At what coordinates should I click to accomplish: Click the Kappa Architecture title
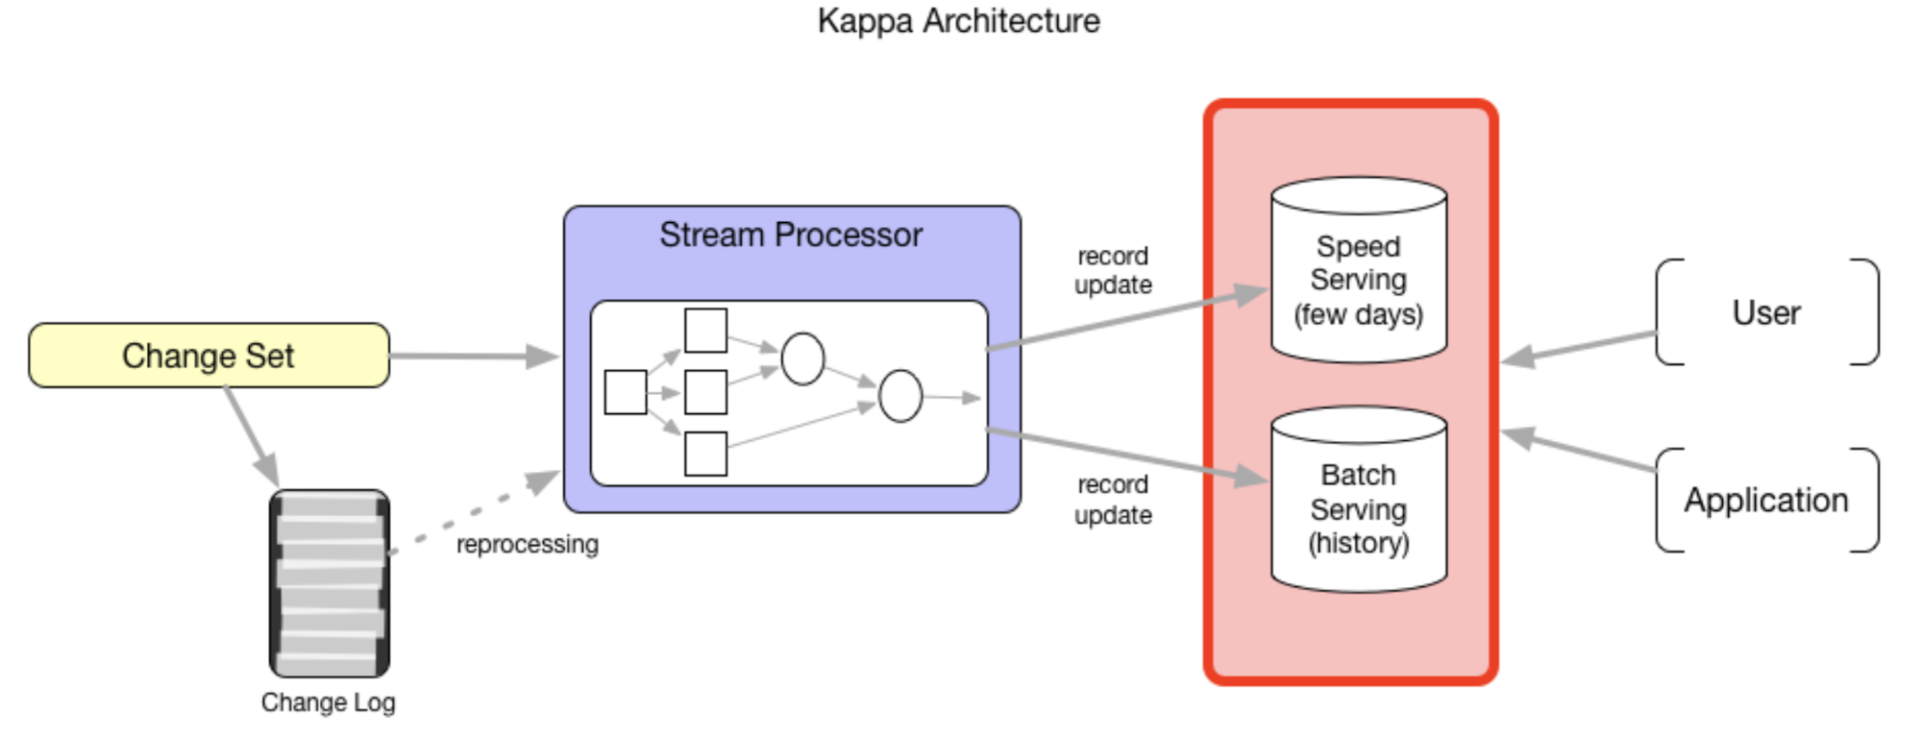coord(958,21)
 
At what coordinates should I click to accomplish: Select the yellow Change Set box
coord(209,356)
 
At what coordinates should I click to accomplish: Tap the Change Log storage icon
coord(330,583)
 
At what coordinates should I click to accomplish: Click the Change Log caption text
coord(328,703)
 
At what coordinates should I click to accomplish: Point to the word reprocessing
coord(527,544)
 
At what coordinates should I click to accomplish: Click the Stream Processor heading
coord(790,234)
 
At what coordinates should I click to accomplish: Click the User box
coord(1766,312)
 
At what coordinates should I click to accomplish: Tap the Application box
coord(1766,500)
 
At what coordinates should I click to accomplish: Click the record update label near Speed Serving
coord(1113,270)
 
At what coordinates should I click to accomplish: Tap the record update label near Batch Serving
coord(1113,500)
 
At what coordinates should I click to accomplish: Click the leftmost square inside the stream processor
coord(626,392)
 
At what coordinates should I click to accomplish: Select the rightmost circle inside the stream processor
coord(900,396)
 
